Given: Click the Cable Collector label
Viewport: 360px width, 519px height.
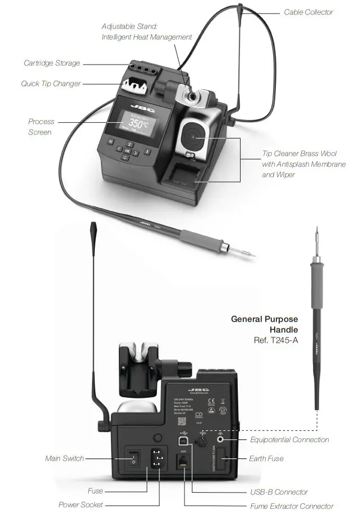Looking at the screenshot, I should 308,12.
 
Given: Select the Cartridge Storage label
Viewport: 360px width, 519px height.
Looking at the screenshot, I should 52,63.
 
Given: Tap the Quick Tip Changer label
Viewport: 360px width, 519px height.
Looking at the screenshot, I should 50,84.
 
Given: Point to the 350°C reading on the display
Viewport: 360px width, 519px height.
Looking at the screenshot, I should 137,123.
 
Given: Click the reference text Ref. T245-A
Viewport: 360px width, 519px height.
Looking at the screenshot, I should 275,340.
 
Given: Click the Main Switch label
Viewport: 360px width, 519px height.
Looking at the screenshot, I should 64,458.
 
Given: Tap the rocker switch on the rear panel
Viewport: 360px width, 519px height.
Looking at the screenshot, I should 133,460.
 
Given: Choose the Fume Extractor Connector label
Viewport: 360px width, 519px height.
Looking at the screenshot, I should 292,506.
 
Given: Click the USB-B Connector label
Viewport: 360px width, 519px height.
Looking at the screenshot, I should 279,492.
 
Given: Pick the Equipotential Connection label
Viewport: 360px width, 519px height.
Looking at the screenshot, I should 289,440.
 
